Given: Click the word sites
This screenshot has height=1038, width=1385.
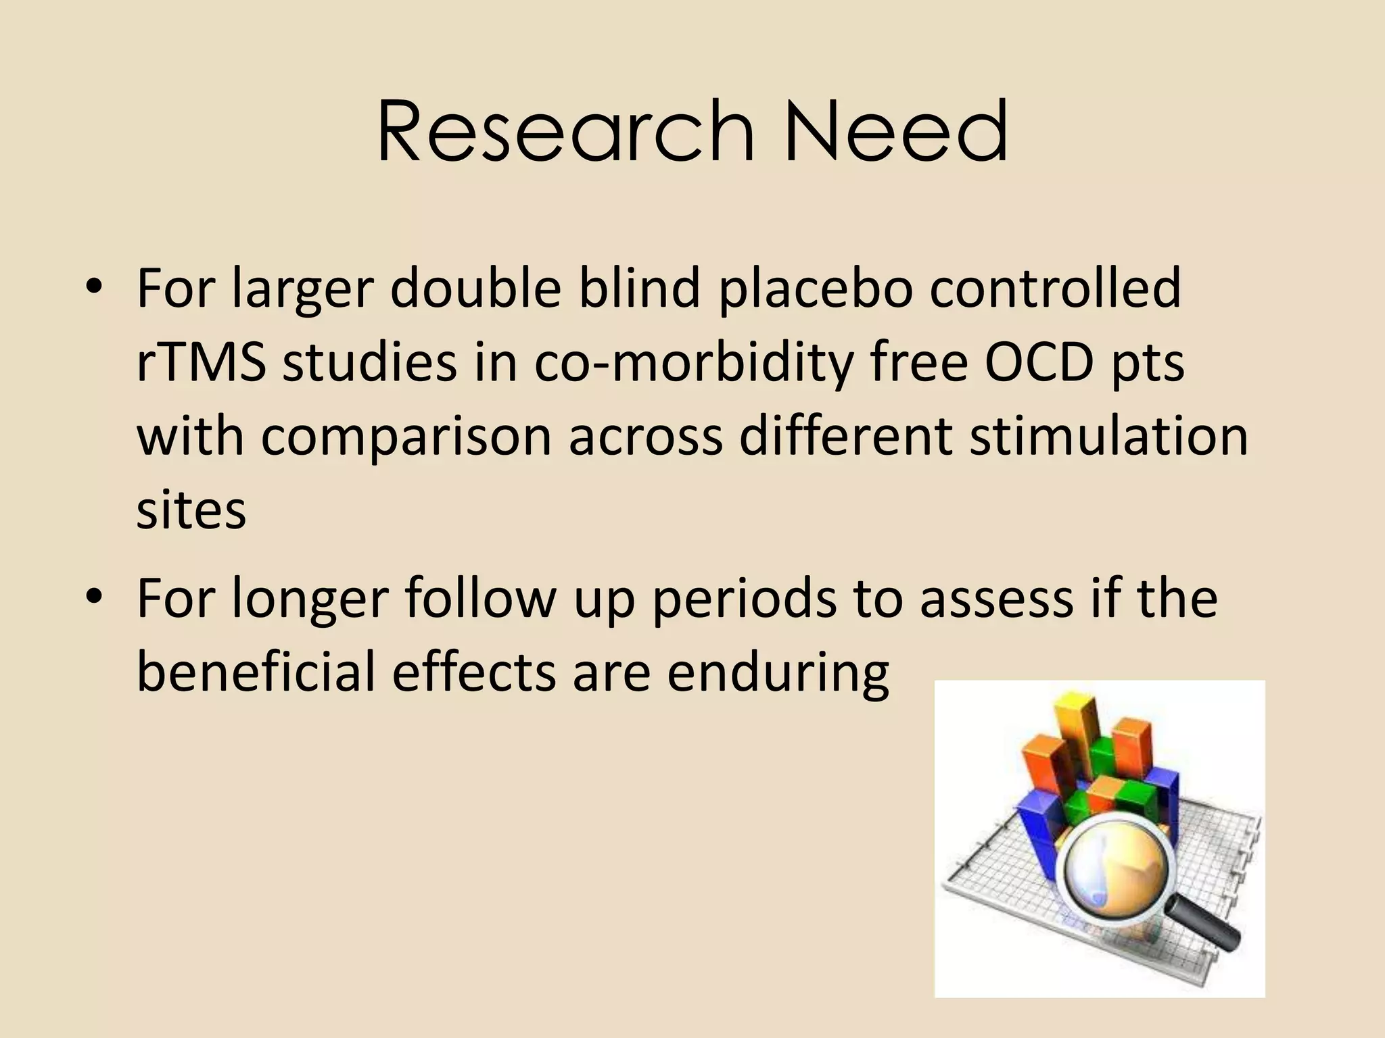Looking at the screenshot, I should pos(191,510).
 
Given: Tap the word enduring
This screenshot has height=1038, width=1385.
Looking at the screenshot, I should pos(778,673).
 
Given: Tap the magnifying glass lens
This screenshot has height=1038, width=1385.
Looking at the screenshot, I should pos(1114,872).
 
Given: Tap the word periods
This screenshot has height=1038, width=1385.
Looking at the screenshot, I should pos(744,600).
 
